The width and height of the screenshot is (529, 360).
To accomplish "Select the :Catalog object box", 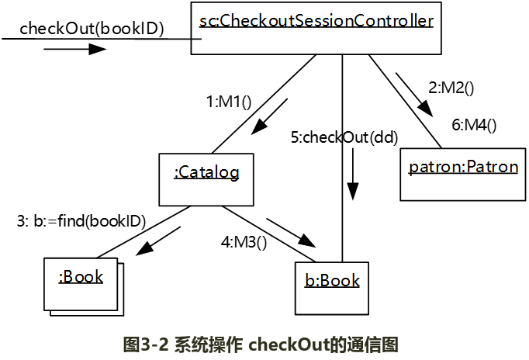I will [206, 172].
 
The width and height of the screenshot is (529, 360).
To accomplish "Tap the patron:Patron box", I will [463, 168].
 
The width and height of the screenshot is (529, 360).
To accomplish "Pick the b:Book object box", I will [331, 280].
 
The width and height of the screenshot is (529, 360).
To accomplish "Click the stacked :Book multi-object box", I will [81, 278].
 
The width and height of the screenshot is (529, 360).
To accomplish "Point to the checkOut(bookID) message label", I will [92, 29].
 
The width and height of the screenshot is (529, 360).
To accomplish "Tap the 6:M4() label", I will [473, 123].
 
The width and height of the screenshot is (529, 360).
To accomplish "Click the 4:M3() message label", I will [244, 242].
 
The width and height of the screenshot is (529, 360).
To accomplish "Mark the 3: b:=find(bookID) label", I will [81, 220].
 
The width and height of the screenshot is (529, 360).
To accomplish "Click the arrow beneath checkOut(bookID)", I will [74, 50].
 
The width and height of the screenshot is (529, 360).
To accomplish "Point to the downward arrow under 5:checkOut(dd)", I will [354, 175].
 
